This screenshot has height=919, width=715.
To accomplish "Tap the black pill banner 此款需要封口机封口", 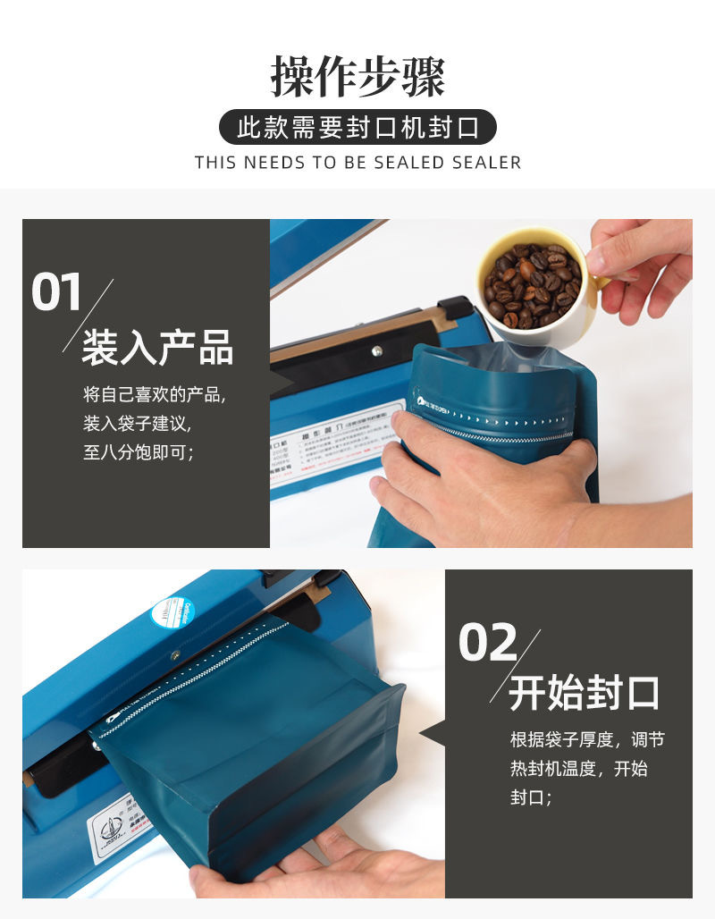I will click(x=357, y=127).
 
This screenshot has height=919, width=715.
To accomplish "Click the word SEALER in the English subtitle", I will click(x=487, y=163).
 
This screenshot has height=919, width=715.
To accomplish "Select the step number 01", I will click(x=56, y=294).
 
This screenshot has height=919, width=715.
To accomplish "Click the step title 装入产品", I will click(x=157, y=348).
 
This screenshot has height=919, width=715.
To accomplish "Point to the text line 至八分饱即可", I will click(x=139, y=452).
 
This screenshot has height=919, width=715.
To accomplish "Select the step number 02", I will click(x=488, y=643).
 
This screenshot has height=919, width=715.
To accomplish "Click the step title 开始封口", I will click(x=585, y=693).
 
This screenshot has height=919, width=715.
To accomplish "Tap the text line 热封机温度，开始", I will click(x=578, y=768).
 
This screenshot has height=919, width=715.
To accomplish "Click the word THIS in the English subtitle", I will click(x=215, y=163).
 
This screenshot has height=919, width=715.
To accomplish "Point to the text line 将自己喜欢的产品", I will click(x=154, y=394).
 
